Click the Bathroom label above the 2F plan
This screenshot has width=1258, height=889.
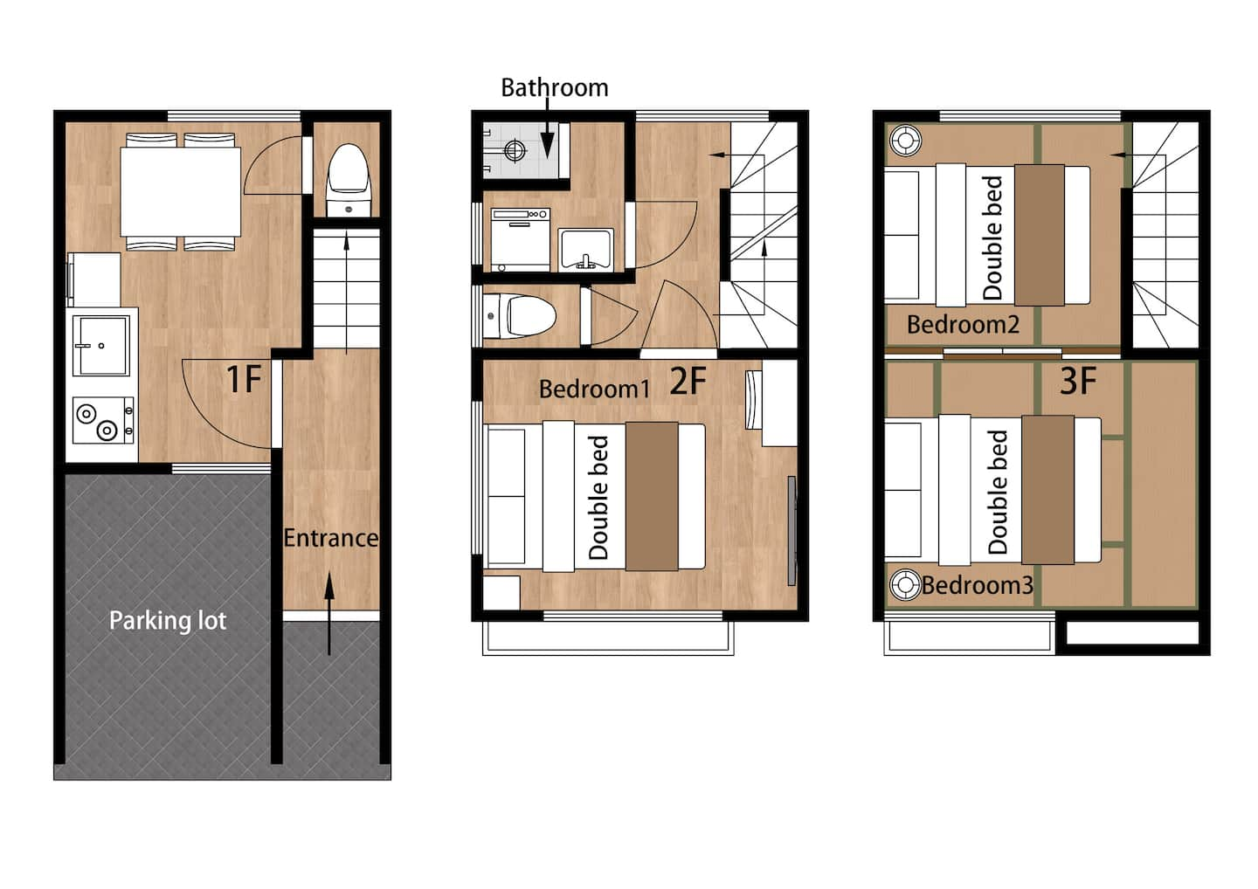554,87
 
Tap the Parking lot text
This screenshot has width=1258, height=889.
168,620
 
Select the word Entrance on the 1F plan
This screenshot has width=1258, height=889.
331,538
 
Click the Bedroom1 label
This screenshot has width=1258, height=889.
594,389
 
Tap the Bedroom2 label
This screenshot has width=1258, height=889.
963,324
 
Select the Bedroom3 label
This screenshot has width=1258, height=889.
978,585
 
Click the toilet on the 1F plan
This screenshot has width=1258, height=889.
349,180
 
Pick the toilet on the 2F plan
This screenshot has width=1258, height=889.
519,316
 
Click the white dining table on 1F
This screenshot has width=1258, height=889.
180,191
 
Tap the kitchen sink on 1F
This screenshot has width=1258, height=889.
101,345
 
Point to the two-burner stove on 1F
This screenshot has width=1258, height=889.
103,420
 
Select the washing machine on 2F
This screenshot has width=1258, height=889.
521,239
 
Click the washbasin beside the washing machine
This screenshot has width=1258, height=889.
585,249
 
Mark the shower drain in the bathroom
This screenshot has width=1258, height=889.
515,150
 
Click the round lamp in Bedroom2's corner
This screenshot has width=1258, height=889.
905,141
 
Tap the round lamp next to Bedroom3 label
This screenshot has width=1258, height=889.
905,585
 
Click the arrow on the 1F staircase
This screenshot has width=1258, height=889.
347,293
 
